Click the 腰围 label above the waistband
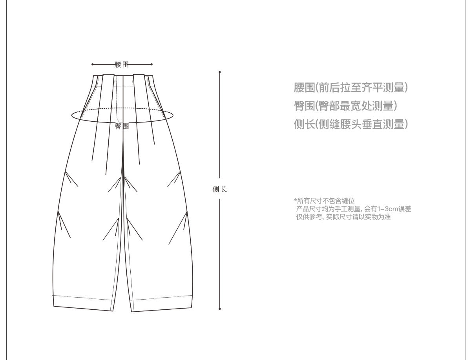coord(122,64)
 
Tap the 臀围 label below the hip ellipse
coord(122,126)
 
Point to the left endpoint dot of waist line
coord(92,64)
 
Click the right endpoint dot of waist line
coord(152,64)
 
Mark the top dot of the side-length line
coord(219,72)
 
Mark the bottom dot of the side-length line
coord(219,309)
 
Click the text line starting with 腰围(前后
coord(351,88)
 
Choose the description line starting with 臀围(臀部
coord(345,106)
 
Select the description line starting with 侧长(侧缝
coord(351,124)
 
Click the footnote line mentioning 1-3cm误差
coord(353,209)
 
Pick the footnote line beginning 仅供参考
coord(343,217)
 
